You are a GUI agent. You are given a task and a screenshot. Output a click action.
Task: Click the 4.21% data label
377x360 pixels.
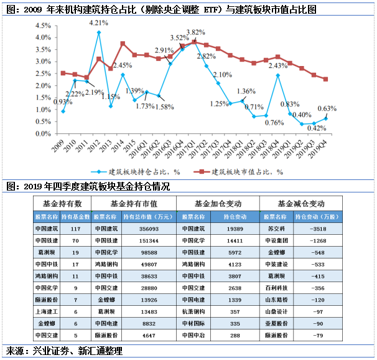pyautogui.click(x=99, y=23)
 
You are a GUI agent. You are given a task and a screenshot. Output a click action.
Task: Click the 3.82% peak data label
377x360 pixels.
pyautogui.click(x=196, y=32)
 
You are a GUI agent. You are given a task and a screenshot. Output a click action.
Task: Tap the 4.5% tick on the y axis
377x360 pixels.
pyautogui.click(x=42, y=26)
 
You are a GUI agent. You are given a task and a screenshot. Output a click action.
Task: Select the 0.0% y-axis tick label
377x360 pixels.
pyautogui.click(x=42, y=133)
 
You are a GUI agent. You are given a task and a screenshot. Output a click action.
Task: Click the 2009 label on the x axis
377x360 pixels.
pyautogui.click(x=60, y=145)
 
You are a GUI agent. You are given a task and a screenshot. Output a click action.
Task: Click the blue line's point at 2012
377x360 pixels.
pyautogui.click(x=99, y=32)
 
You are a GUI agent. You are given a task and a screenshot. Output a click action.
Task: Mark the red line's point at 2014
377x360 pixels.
pyautogui.click(x=123, y=44)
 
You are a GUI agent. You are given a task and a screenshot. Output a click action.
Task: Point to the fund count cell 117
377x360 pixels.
pyautogui.click(x=77, y=229)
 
